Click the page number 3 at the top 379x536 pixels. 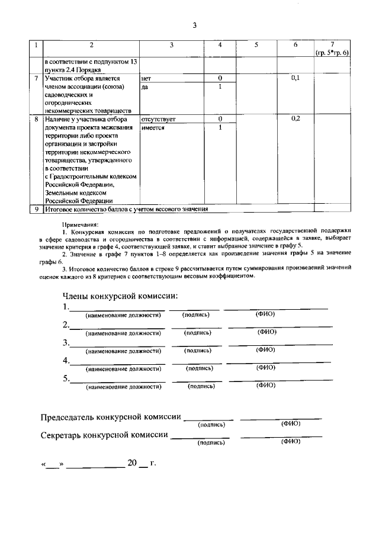[194, 25]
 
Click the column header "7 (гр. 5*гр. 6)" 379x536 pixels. [332, 49]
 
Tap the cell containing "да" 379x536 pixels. [145, 86]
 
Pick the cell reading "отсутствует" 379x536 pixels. [158, 119]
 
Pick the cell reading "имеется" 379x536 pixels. [153, 127]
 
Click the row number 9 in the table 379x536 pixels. [37, 209]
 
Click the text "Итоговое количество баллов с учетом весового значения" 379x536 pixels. [126, 209]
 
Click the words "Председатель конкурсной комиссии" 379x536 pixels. [111, 417]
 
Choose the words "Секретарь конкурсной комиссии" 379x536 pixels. [104, 435]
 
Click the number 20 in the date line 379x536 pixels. [131, 463]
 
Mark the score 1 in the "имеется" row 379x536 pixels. [220, 127]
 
